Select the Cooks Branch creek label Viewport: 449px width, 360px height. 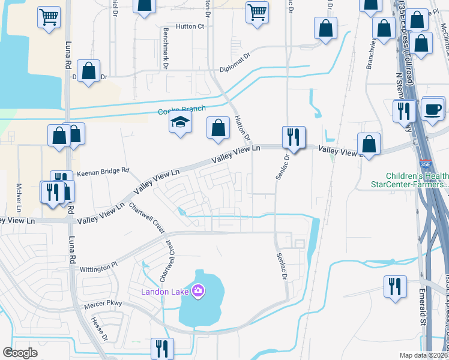pos(181,110)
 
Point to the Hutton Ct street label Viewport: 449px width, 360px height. pos(190,26)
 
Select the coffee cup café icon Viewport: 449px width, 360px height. pos(433,110)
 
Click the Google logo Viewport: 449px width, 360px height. pos(20,353)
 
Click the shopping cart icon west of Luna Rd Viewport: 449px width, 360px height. pos(49,16)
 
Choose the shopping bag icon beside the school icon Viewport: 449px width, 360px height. pos(218,128)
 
